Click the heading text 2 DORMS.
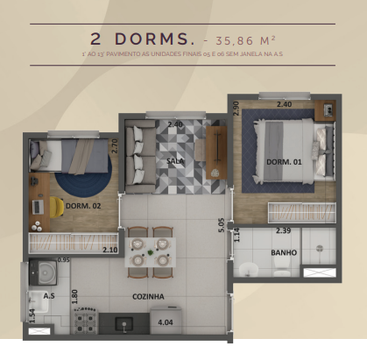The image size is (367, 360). click(141, 39)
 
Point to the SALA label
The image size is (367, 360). click(175, 161)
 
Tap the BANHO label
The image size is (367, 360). click(283, 253)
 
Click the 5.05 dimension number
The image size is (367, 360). click(222, 226)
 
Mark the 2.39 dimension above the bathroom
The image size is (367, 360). click(284, 230)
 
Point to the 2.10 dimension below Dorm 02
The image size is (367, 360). click(109, 250)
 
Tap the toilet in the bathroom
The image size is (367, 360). click(249, 266)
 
